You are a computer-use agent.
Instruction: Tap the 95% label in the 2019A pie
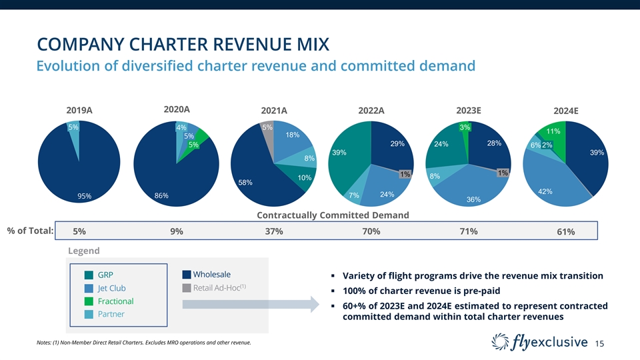point(84,196)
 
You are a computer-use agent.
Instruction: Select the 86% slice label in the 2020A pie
point(161,195)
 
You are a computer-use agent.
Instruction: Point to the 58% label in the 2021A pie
point(245,183)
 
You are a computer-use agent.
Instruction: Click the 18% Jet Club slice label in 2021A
point(292,135)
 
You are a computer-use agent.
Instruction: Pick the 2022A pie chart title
point(371,111)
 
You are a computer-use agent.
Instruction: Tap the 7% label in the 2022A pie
point(354,195)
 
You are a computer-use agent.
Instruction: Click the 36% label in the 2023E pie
point(474,199)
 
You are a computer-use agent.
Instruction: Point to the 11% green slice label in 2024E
point(553,132)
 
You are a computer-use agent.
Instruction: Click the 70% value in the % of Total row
point(371,231)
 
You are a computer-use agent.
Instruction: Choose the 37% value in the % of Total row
point(274,231)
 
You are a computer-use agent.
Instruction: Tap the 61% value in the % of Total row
point(566,232)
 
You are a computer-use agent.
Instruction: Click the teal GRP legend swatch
point(89,275)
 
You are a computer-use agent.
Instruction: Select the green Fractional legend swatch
point(89,301)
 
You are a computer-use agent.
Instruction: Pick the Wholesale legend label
point(212,275)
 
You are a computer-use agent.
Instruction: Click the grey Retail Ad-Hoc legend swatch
point(187,288)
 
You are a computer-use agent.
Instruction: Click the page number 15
point(600,343)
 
